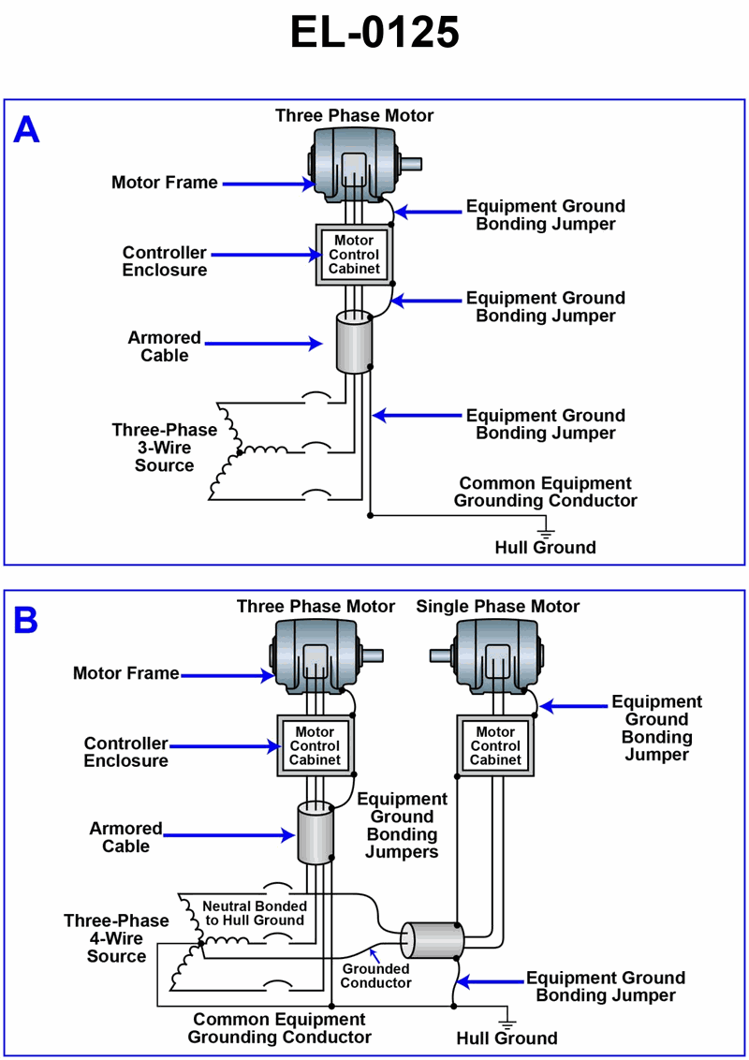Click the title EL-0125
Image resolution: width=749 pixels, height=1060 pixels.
[374, 34]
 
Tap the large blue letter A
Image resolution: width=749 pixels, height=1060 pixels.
[26, 130]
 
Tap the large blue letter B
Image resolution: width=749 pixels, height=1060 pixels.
[25, 620]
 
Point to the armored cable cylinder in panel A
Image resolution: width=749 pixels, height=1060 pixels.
[354, 343]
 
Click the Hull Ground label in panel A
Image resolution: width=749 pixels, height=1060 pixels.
[545, 547]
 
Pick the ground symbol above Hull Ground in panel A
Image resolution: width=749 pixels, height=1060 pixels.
[546, 530]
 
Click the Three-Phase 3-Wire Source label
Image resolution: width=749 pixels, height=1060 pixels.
[165, 448]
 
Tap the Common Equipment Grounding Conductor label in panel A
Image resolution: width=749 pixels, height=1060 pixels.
[545, 492]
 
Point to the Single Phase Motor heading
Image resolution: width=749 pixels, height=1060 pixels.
[497, 607]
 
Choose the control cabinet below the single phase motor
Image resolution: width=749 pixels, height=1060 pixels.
[495, 746]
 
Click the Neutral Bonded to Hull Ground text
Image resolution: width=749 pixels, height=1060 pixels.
[254, 913]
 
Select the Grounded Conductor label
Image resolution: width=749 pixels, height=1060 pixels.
[375, 976]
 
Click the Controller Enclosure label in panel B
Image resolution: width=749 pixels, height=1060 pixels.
[125, 752]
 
